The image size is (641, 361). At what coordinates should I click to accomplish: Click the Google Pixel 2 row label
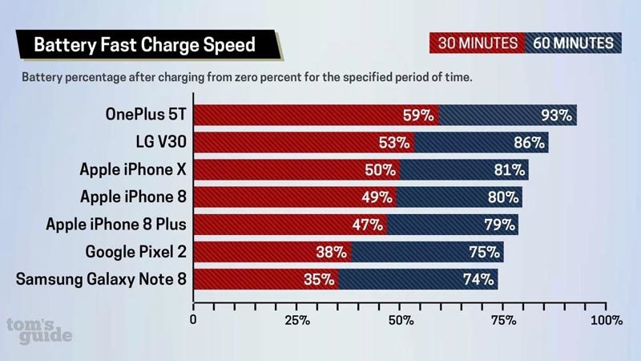(136, 252)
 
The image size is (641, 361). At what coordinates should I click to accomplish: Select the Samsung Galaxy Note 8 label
(102, 279)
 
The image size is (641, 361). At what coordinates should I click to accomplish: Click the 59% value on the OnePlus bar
(417, 115)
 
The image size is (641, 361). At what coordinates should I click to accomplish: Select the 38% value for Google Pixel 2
(329, 253)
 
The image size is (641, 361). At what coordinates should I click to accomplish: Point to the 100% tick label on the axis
(606, 321)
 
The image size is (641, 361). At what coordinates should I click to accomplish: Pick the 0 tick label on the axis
(193, 321)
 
